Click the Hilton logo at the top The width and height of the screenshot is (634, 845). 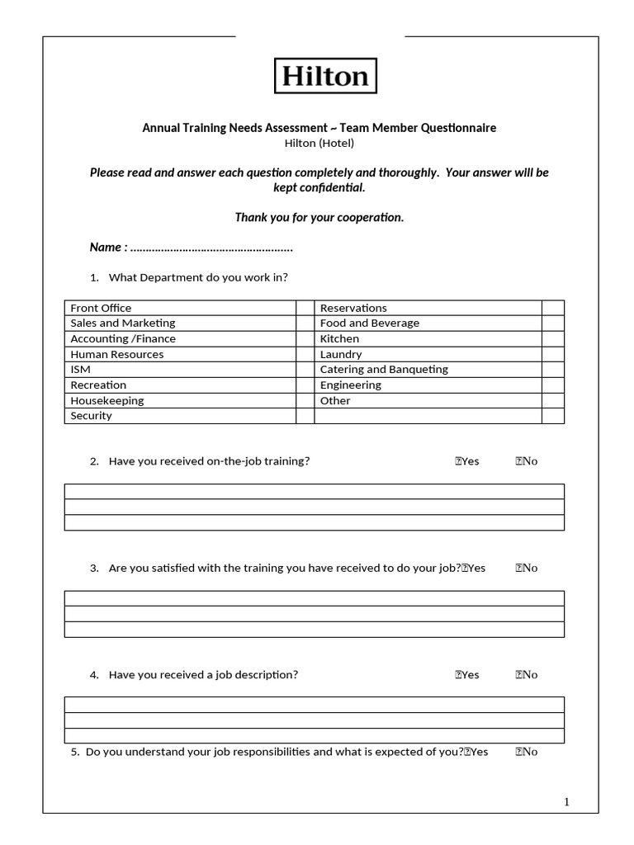click(324, 76)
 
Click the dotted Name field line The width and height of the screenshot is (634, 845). click(211, 248)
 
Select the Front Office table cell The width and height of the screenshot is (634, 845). click(101, 308)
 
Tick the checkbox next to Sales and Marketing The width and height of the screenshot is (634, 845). click(305, 323)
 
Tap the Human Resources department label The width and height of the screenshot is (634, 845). click(117, 354)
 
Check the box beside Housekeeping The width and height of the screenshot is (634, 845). click(305, 400)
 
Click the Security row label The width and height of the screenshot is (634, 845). click(91, 416)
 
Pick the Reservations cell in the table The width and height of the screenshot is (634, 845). click(353, 308)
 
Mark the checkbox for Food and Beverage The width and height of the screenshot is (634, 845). click(552, 323)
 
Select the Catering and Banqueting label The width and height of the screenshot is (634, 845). click(384, 370)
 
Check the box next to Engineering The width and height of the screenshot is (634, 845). click(552, 385)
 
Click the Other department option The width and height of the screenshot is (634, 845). click(335, 400)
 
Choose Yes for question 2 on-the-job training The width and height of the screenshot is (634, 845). click(467, 461)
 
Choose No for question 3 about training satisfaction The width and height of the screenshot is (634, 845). click(527, 568)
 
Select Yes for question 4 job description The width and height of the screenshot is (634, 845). click(467, 674)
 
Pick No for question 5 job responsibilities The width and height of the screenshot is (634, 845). click(527, 752)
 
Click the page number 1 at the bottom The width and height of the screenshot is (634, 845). click(566, 802)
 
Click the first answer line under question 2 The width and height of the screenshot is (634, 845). click(315, 492)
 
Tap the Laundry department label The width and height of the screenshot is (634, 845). click(341, 354)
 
